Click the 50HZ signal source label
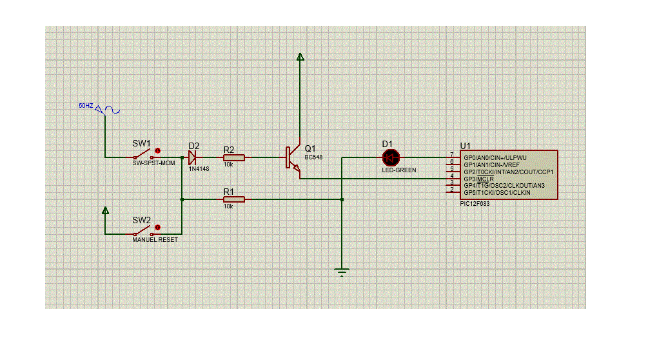(x=86, y=106)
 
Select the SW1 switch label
(x=141, y=144)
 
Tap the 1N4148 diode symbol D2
(x=192, y=157)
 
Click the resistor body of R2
(x=234, y=157)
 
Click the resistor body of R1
(x=234, y=199)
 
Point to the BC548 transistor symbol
(x=293, y=158)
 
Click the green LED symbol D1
(x=391, y=157)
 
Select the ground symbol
(x=342, y=272)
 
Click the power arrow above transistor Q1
(x=300, y=57)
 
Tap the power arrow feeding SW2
(x=105, y=210)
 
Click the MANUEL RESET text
(x=155, y=240)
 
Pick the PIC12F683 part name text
(x=475, y=204)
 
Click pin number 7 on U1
(x=452, y=155)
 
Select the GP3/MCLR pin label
(x=479, y=179)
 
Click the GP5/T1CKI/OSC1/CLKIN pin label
(x=496, y=192)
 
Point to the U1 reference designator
(x=466, y=146)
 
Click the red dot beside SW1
(x=157, y=151)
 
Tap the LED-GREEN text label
(x=398, y=170)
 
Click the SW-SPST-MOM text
(x=153, y=163)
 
